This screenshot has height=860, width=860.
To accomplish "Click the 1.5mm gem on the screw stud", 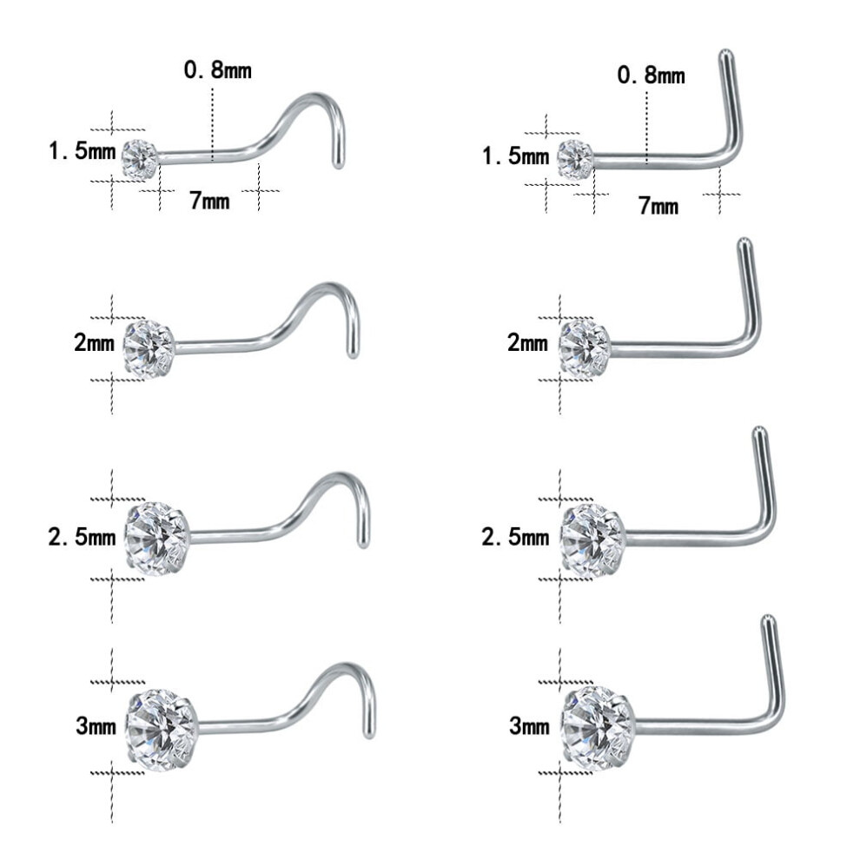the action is point(141,158).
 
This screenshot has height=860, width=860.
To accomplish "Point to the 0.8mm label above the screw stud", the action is point(218,70).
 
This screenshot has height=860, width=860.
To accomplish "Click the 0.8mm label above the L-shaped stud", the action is point(651,75).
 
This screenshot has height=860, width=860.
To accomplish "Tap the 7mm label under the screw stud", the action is point(209,201).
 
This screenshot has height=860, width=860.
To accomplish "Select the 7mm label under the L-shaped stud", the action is point(658,206).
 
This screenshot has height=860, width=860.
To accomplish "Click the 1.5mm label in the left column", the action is point(83,151).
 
